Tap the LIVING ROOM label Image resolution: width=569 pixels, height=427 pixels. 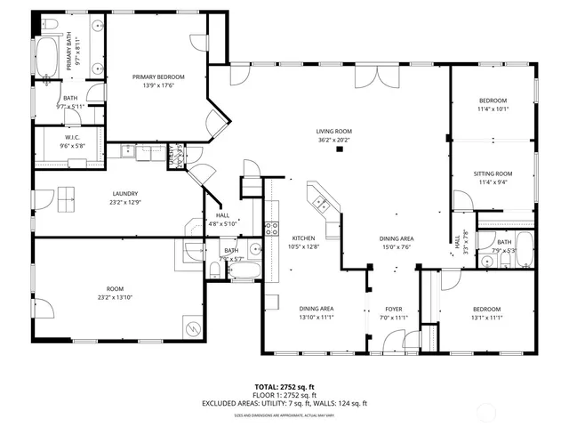333,131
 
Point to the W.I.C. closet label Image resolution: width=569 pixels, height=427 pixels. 70,137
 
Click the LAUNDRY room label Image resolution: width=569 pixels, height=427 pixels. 124,194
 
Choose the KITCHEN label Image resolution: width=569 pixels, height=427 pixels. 299,238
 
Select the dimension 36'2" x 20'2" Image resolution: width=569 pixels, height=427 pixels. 333,140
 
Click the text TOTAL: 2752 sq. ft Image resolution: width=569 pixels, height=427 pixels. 284,387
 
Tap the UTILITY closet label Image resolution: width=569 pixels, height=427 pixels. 175,156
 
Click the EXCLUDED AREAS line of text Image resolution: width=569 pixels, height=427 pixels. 284,403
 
